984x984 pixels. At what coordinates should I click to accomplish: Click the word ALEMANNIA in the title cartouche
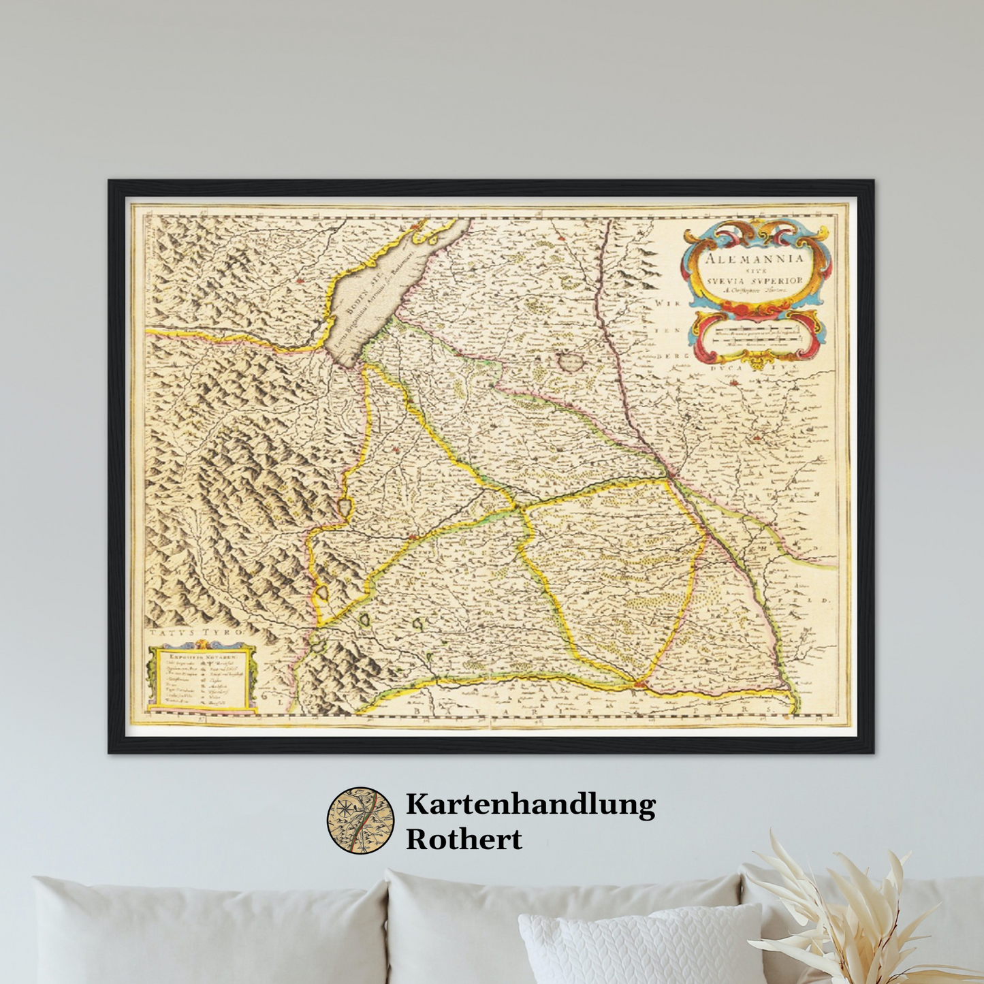click(x=754, y=258)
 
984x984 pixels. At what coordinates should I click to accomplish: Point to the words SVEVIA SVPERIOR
click(x=755, y=281)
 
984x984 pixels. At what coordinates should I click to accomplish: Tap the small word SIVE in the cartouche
click(x=754, y=270)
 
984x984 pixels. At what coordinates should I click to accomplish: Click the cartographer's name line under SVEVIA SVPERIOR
click(x=755, y=290)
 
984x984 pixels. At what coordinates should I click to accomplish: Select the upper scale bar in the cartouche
click(x=755, y=334)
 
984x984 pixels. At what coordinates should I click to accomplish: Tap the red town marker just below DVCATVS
click(x=734, y=383)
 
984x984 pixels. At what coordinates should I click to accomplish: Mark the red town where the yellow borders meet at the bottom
click(x=638, y=683)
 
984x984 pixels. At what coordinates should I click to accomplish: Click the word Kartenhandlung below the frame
click(x=530, y=804)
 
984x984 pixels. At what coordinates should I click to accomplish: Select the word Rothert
click(x=464, y=839)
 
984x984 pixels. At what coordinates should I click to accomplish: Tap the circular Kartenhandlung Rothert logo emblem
click(x=360, y=821)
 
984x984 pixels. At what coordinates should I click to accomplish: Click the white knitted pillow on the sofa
click(x=640, y=947)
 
